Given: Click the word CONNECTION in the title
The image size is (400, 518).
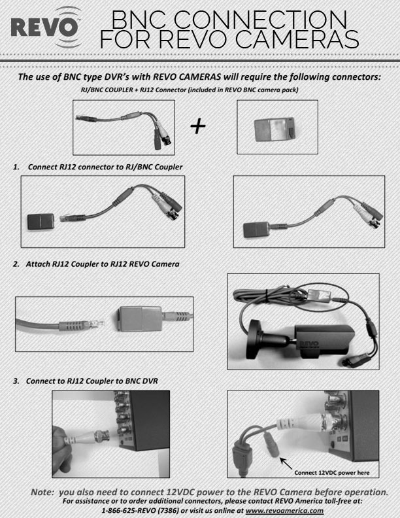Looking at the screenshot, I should coord(273,18).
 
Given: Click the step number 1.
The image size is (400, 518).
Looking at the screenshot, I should coord(16,167).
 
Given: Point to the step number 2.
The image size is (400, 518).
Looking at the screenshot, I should coord(16,264).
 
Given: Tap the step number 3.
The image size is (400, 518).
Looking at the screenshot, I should coord(16,380).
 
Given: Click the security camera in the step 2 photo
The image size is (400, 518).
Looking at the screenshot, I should coord(307,341).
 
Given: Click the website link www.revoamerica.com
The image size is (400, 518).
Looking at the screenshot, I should coord(285,510).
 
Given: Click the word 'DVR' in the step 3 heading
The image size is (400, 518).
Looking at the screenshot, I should coord(150,380).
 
